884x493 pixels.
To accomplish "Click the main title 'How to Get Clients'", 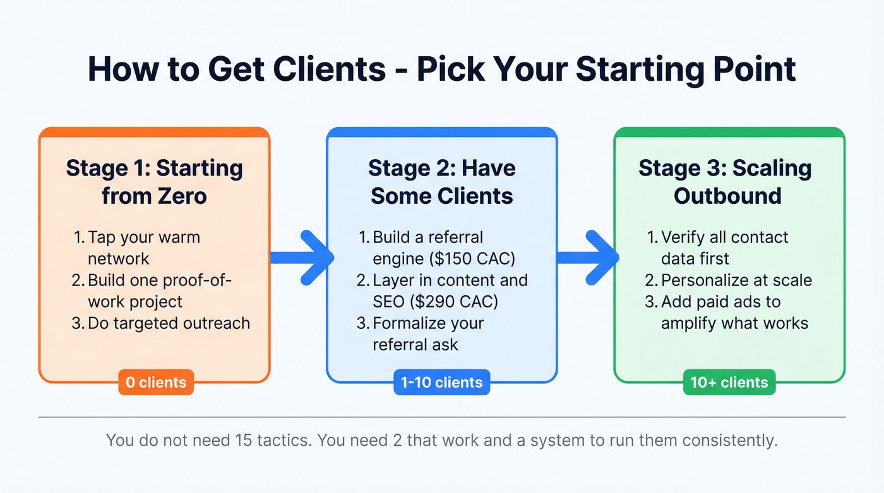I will [236, 69].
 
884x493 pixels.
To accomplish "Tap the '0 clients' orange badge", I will [155, 382].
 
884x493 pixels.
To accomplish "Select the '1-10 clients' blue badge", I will [441, 382].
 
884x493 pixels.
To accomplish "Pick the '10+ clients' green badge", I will [729, 382].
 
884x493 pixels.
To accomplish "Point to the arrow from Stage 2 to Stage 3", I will [588, 257].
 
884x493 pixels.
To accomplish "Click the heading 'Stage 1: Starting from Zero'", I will [155, 182].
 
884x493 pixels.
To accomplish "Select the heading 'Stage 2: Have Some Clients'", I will [442, 182].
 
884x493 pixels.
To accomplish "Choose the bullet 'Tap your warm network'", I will [143, 247].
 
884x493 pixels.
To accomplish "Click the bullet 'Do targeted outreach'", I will [168, 323].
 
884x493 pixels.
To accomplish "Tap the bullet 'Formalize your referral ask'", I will [428, 333].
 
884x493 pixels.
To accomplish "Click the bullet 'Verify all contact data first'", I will [724, 247].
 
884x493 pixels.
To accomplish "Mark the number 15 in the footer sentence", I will [243, 440].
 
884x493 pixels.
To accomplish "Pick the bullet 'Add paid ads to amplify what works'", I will [734, 312].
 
